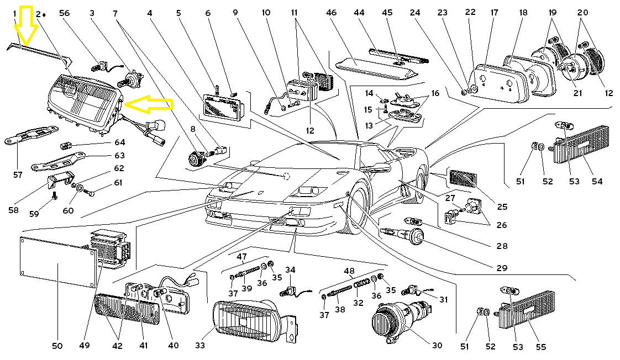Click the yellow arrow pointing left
click(148, 103)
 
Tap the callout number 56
click(64, 13)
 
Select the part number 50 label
click(57, 346)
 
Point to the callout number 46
click(347, 12)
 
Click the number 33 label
click(199, 346)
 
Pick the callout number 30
click(437, 346)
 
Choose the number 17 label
click(494, 12)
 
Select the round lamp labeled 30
click(387, 324)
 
